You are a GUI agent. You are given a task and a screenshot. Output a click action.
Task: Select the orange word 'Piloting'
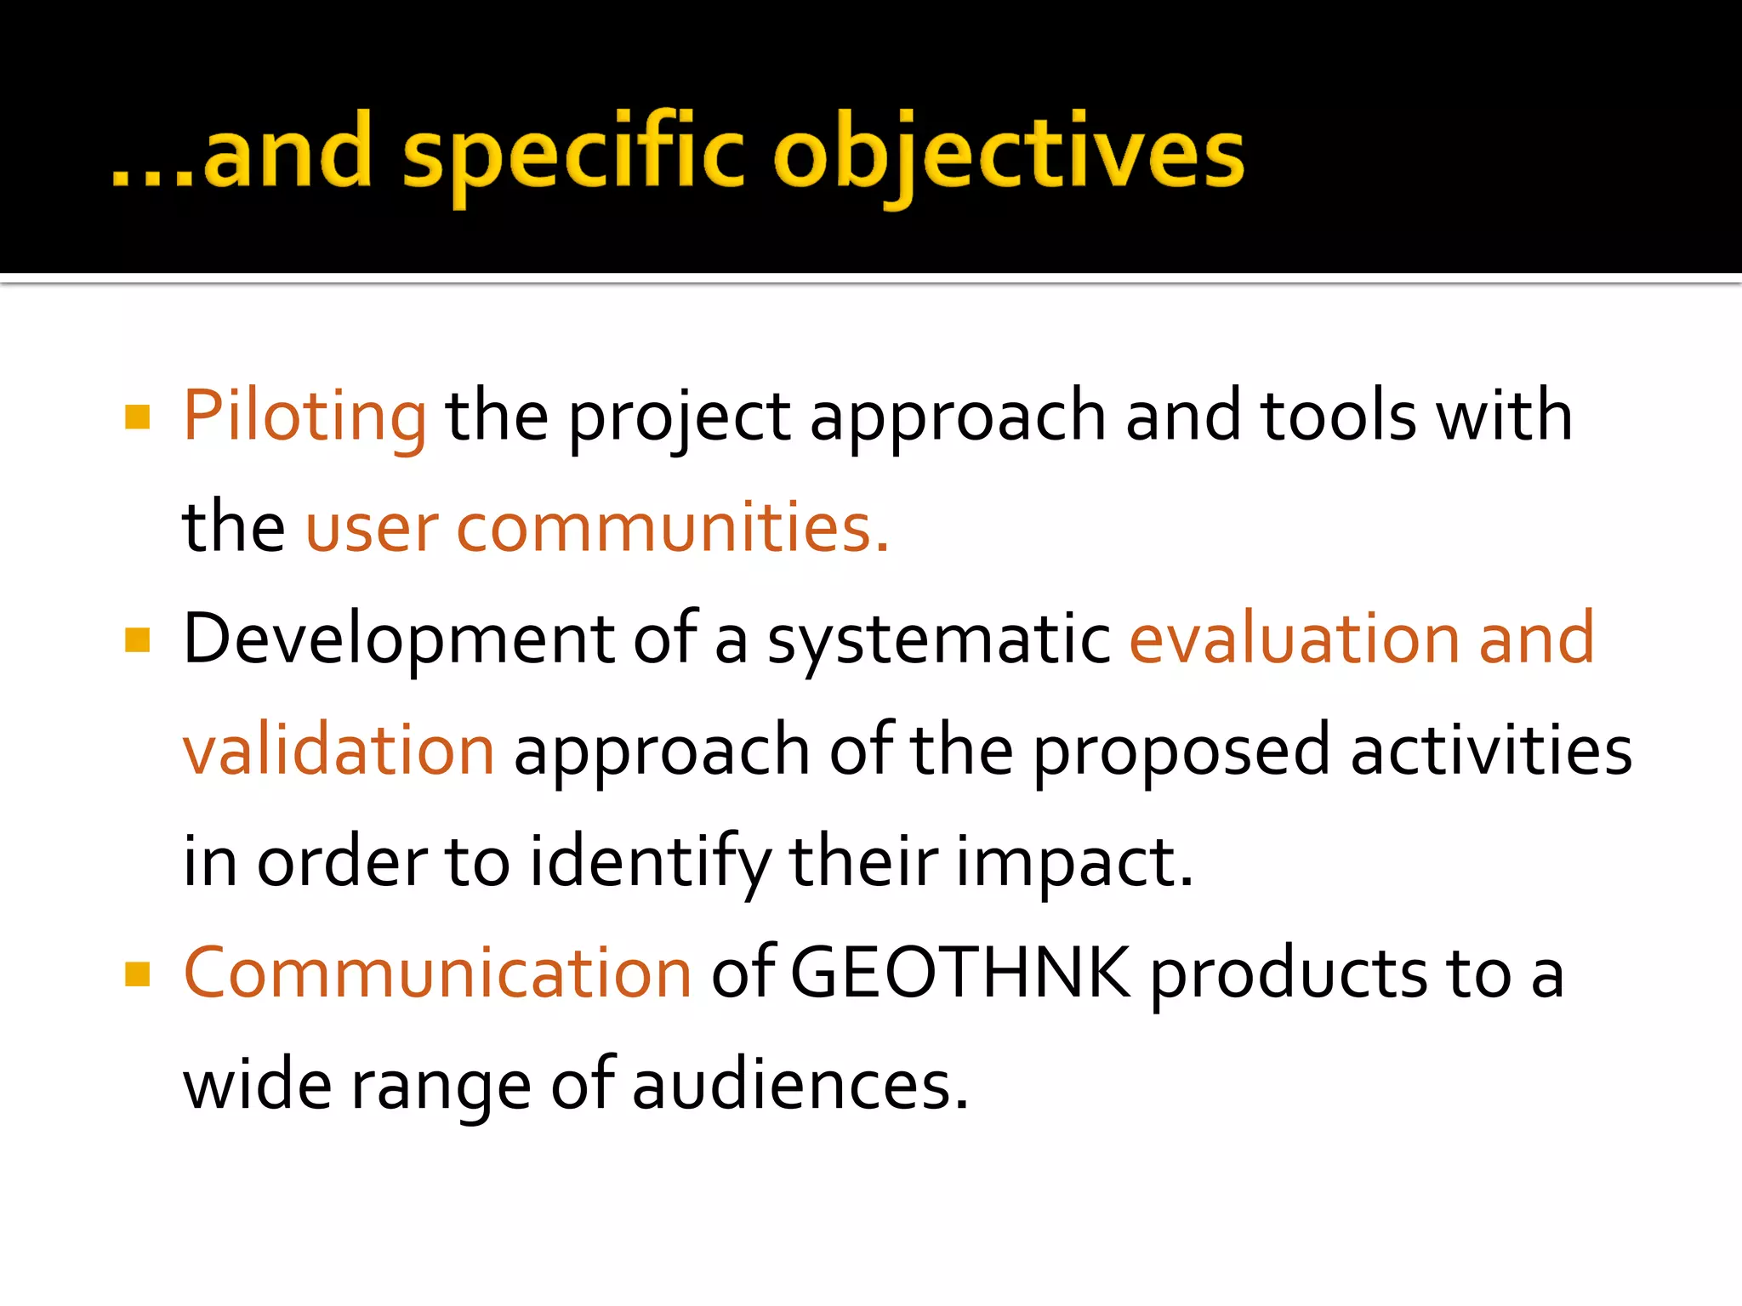[x=305, y=417]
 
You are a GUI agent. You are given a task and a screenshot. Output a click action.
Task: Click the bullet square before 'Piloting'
[x=137, y=417]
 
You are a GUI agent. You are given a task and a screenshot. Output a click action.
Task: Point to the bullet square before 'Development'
[x=137, y=639]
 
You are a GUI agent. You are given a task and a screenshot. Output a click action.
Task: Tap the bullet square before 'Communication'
[x=137, y=974]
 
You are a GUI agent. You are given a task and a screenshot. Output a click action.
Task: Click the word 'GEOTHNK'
[x=960, y=974]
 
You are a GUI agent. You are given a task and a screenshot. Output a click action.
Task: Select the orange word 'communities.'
[x=673, y=528]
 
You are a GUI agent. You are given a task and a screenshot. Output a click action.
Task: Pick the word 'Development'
[x=399, y=639]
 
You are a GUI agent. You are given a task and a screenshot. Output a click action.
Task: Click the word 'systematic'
[x=939, y=639]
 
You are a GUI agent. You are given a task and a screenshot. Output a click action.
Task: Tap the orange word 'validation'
[x=339, y=751]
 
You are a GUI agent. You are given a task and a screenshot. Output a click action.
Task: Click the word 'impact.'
[x=1074, y=862]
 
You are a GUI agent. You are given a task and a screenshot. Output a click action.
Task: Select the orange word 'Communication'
[x=437, y=974]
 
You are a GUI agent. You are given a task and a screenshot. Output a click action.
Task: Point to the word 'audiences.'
[x=800, y=1086]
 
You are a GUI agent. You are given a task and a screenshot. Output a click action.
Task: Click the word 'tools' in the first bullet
[x=1339, y=417]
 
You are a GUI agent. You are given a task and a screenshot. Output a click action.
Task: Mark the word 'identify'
[x=650, y=862]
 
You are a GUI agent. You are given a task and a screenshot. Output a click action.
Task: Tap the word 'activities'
[x=1491, y=751]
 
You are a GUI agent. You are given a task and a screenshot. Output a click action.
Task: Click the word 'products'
[x=1289, y=974]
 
